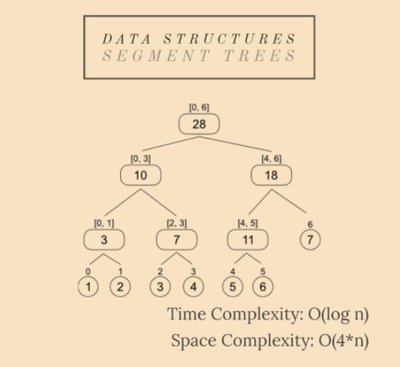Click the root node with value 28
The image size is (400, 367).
(199, 124)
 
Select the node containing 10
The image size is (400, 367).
(141, 175)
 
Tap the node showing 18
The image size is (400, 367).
(272, 175)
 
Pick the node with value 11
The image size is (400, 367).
(248, 240)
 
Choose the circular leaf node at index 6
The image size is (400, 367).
(310, 240)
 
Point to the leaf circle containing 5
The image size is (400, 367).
(232, 287)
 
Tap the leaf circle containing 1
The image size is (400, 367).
(88, 287)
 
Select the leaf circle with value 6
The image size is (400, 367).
(263, 287)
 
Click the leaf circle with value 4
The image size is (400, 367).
(193, 287)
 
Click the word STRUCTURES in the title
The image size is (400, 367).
(230, 39)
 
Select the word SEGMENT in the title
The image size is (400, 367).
(156, 55)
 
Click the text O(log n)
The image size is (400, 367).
(338, 314)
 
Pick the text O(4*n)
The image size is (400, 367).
(343, 341)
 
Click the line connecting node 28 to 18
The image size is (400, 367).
(235, 144)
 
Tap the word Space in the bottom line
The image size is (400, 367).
(193, 341)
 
